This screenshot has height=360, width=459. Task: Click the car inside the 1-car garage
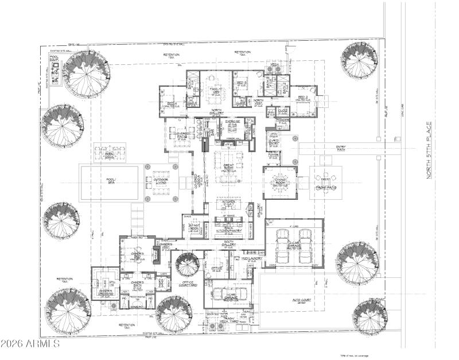pyautogui.click(x=230, y=294)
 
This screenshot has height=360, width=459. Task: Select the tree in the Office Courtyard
pyautogui.click(x=188, y=265)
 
